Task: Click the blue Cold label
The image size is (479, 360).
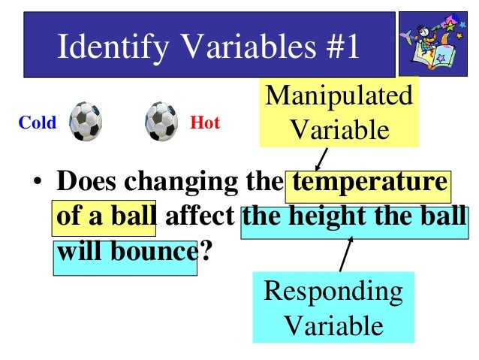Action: coord(38,123)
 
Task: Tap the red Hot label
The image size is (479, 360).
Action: coord(205,123)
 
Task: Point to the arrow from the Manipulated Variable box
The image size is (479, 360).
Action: coord(321,159)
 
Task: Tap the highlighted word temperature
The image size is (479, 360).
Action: coord(370,184)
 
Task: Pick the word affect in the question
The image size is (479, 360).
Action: coord(199,217)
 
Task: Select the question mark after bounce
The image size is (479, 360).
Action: coord(203,250)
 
